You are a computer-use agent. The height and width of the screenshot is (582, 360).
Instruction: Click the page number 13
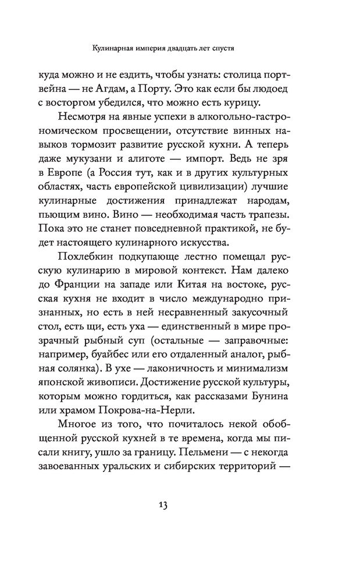click(161, 505)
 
